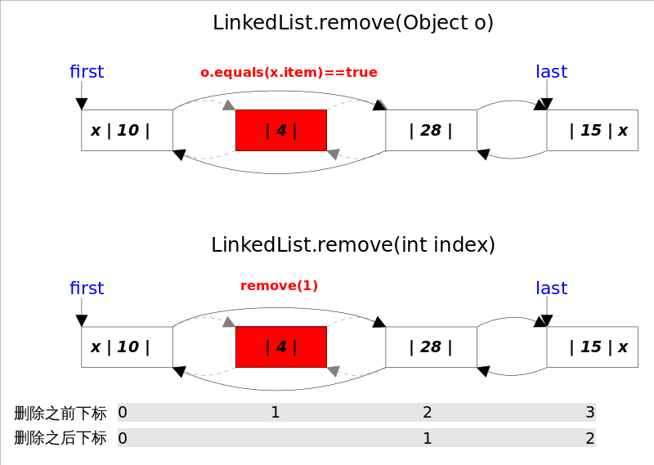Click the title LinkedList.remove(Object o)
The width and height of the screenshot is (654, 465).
click(x=353, y=23)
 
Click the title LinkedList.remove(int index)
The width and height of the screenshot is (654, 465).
click(x=353, y=245)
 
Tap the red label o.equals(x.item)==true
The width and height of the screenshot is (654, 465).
click(x=289, y=73)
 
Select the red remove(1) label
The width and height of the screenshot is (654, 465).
click(x=279, y=286)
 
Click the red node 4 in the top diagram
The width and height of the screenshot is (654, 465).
click(x=281, y=130)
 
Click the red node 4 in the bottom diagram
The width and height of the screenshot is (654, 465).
click(x=281, y=347)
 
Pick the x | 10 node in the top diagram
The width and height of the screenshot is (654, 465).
click(x=127, y=130)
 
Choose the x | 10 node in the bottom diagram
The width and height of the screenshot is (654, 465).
click(x=127, y=347)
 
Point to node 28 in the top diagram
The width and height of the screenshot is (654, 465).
click(x=431, y=130)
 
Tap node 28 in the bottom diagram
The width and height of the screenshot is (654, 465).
click(x=431, y=347)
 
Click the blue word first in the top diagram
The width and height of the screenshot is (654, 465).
click(x=87, y=72)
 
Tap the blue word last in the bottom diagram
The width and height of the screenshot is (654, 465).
click(x=551, y=288)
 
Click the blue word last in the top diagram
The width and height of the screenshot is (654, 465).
click(x=551, y=72)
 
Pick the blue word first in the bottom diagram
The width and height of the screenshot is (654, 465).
click(x=87, y=288)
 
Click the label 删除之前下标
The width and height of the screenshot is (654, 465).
click(x=60, y=413)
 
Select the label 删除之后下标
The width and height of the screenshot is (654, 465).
click(x=60, y=438)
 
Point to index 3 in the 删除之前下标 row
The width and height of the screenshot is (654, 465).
click(x=589, y=413)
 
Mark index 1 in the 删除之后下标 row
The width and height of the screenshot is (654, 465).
click(x=427, y=438)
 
